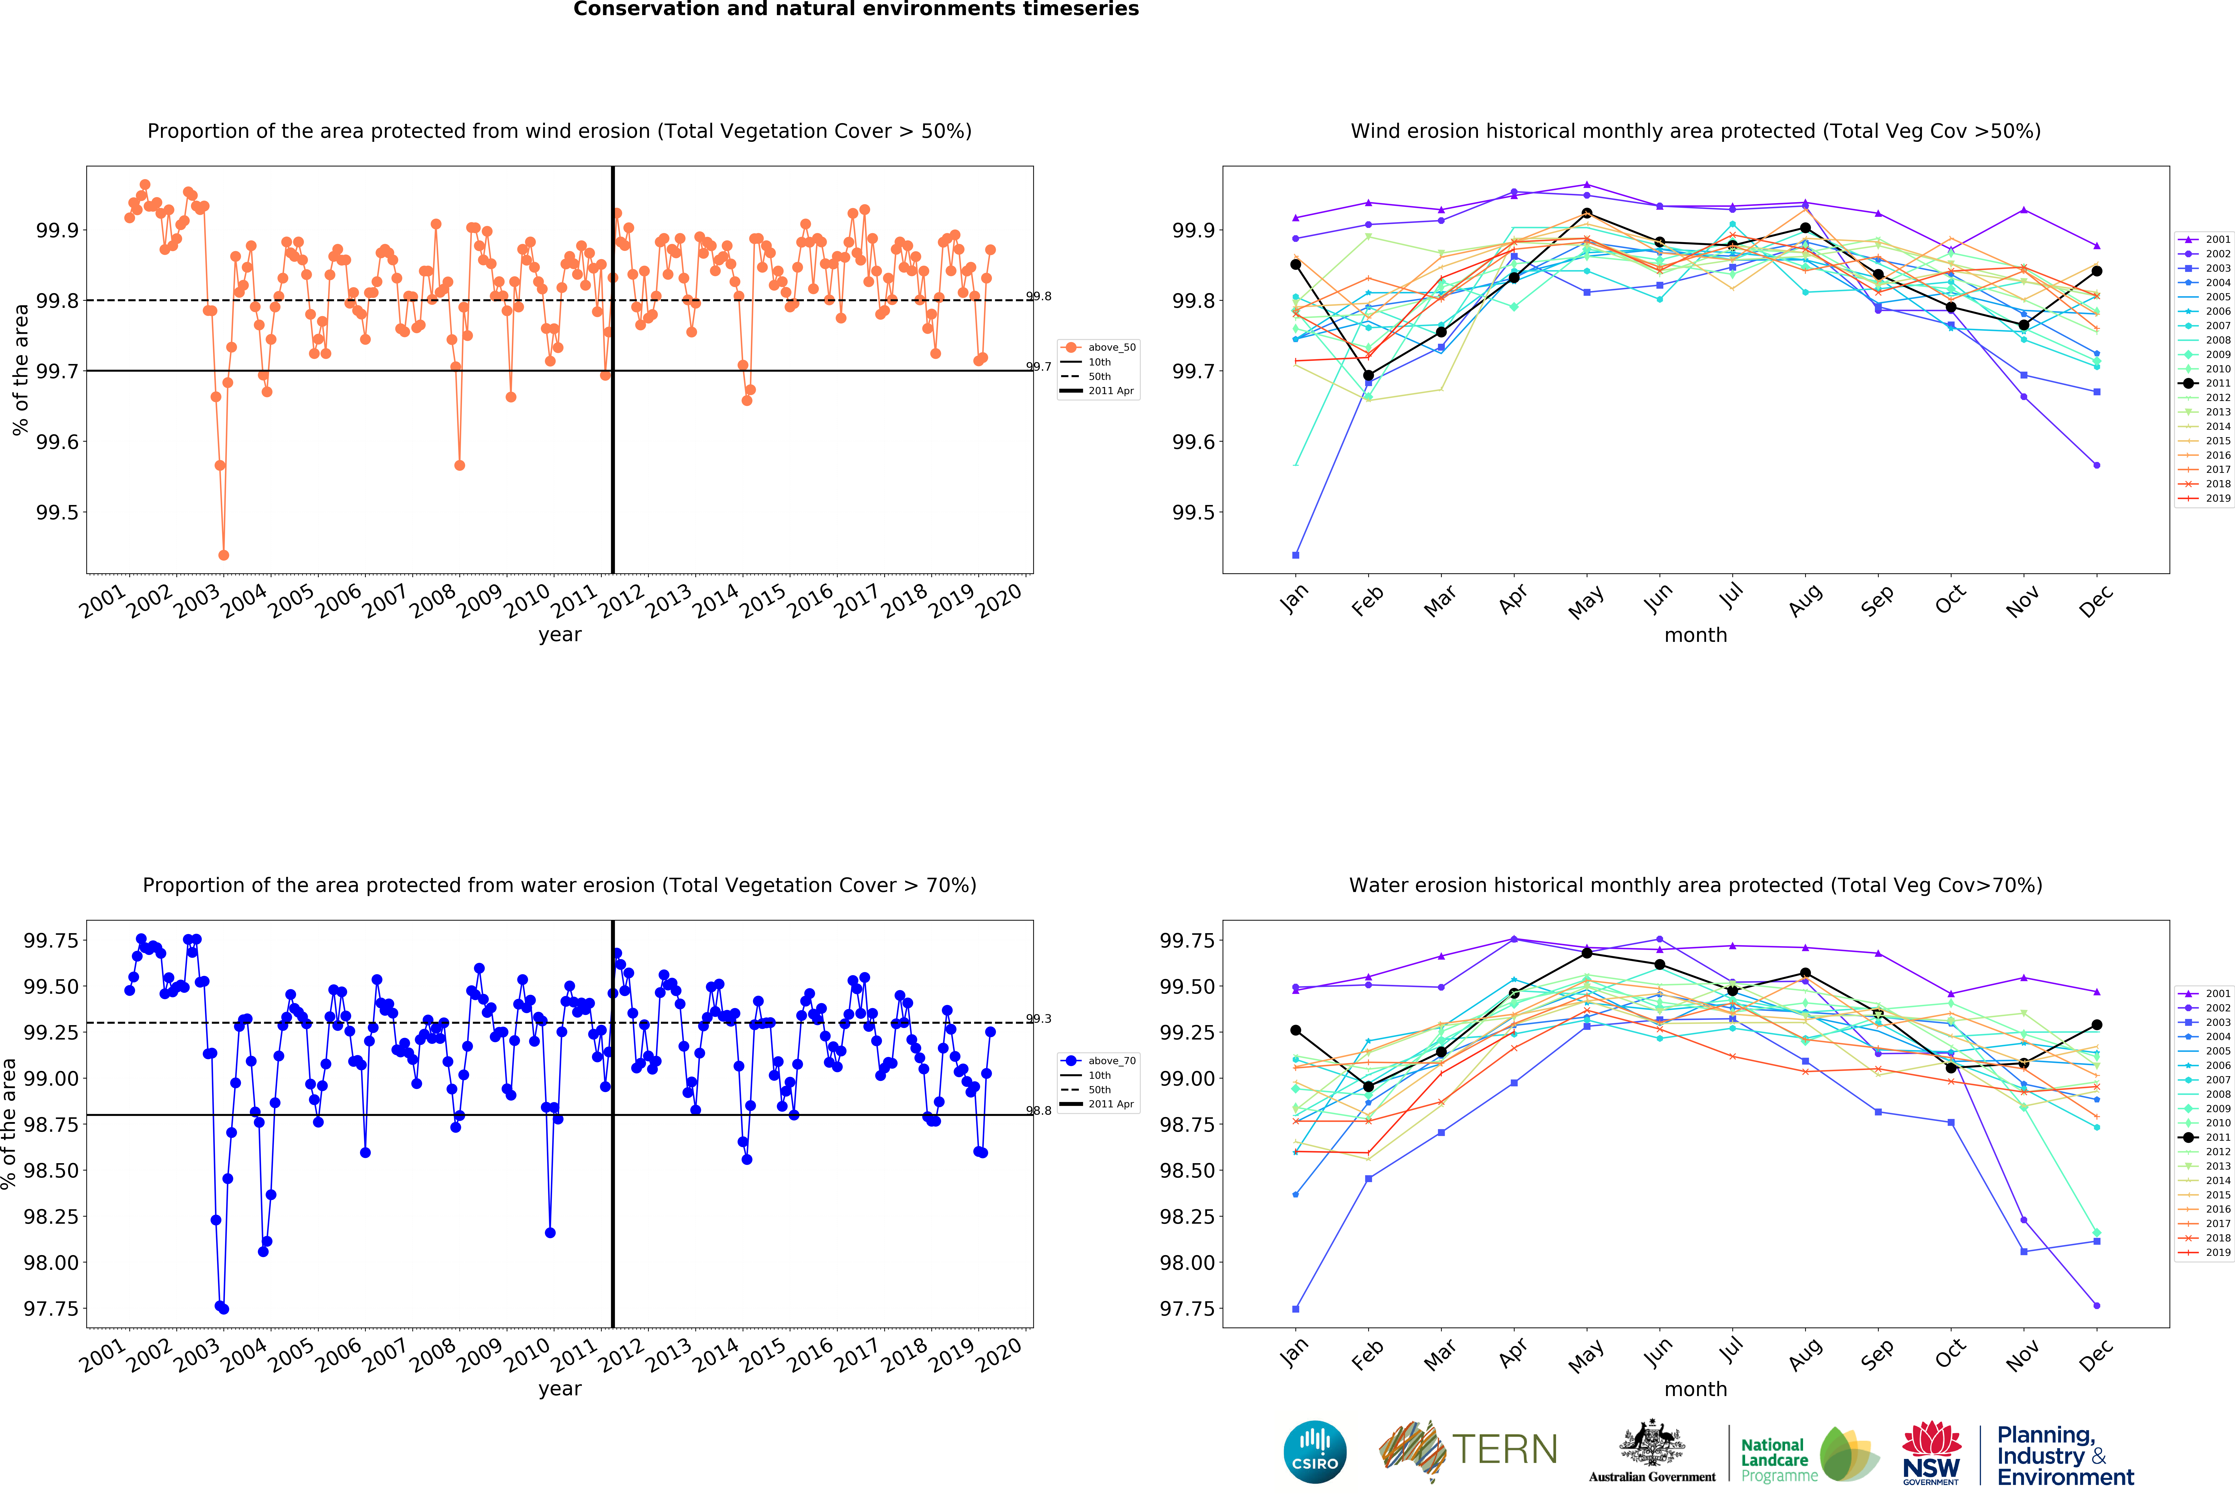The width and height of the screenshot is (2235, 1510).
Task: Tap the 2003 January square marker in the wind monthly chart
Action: pos(1295,555)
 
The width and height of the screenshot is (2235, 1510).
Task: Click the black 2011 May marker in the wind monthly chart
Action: pos(1587,213)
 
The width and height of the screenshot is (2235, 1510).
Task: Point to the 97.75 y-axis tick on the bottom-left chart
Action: pos(51,1309)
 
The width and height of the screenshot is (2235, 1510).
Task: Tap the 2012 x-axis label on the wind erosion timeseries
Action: pos(621,600)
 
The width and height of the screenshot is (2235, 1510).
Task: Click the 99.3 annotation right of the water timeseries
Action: pos(1039,1018)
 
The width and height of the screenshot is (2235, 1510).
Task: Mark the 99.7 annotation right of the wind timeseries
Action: pos(1039,366)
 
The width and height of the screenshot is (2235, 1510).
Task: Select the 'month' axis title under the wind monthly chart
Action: pos(1695,635)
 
